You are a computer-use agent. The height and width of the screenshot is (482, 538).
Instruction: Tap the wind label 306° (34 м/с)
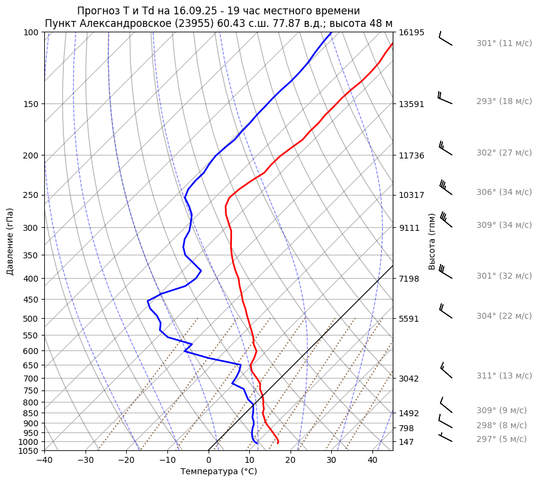[504, 193]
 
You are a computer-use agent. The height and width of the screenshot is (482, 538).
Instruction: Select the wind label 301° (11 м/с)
[504, 44]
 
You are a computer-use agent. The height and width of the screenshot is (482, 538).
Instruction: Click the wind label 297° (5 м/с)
[502, 439]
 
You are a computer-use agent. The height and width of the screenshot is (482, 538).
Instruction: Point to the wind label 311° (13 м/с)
[504, 376]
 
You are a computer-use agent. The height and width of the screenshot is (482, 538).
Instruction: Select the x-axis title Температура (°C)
[219, 471]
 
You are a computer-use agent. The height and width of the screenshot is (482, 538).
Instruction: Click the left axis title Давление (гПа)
[10, 241]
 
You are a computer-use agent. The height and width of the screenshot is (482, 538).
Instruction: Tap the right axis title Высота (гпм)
[432, 241]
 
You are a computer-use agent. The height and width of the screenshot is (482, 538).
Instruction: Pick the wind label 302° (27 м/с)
[504, 153]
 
